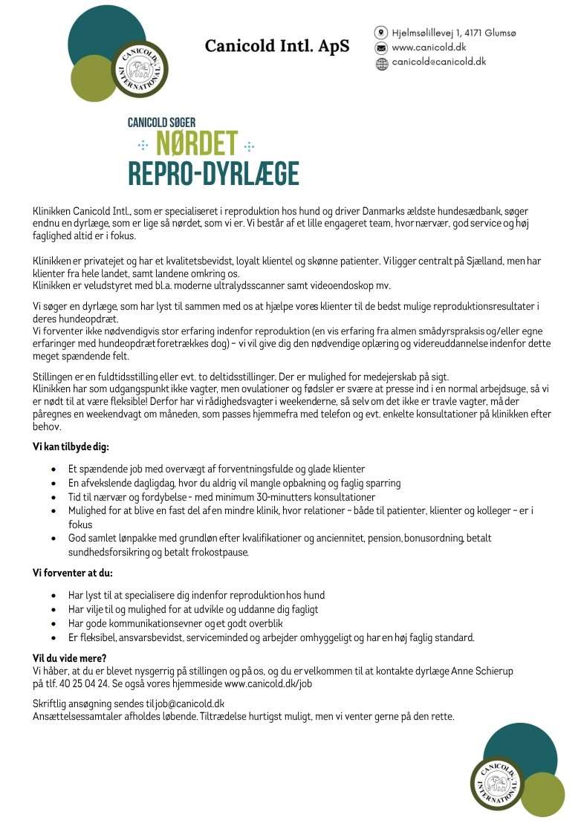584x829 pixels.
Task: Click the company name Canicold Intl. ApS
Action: pos(277,46)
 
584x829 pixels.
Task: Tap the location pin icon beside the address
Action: pos(381,33)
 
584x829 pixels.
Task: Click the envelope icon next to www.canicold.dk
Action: pos(381,48)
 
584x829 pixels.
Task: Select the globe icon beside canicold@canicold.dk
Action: pos(381,63)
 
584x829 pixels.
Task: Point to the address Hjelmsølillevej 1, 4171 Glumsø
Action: pos(454,33)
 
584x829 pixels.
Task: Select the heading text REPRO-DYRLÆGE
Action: pos(213,173)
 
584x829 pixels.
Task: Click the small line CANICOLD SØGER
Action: pos(161,121)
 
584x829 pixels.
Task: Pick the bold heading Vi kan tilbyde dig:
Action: pos(71,448)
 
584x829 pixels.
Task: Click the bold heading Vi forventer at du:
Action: pos(72,575)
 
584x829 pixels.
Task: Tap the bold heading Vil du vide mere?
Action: pos(69,658)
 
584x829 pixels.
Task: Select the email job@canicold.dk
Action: pos(190,703)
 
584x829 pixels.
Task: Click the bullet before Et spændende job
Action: pos(53,469)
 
